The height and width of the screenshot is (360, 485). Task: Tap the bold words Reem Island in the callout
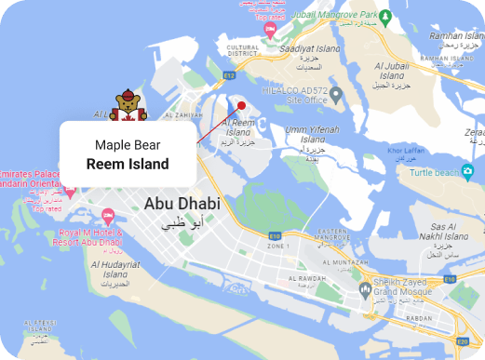click(128, 164)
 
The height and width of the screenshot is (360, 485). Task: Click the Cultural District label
click(242, 49)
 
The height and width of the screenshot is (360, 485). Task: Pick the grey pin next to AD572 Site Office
click(337, 93)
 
